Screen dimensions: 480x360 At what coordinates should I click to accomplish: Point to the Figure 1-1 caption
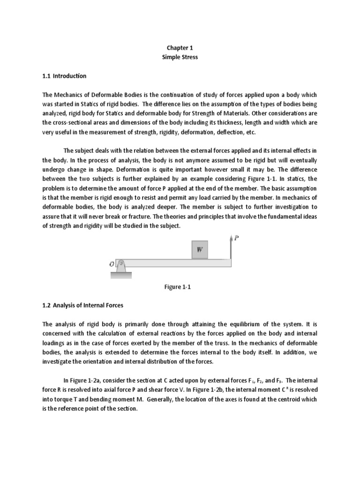coord(180,287)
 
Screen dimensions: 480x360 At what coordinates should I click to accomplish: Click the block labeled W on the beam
coord(200,250)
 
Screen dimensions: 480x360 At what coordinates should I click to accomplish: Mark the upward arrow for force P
coord(231,247)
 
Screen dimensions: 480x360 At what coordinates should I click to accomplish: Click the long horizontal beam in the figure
coord(178,262)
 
